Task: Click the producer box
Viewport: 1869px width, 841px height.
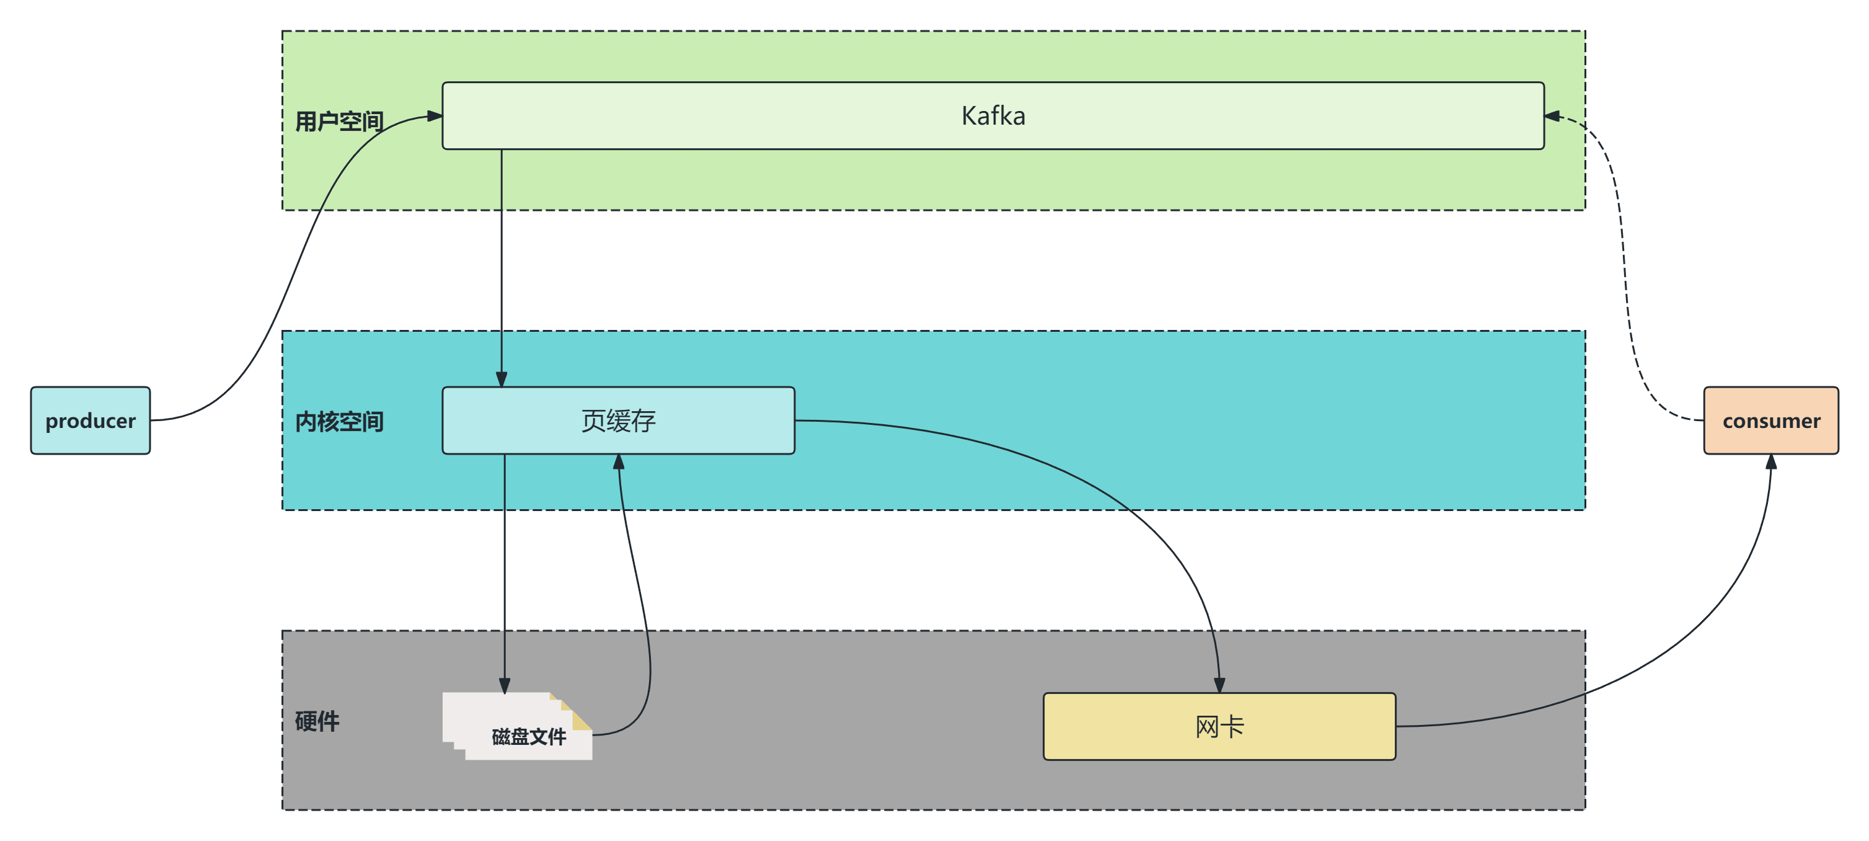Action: (x=90, y=421)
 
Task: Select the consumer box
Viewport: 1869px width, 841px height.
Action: (x=1770, y=421)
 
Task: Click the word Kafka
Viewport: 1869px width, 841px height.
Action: (x=992, y=116)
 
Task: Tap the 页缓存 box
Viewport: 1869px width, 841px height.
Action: (x=618, y=421)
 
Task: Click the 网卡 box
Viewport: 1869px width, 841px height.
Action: (x=1219, y=726)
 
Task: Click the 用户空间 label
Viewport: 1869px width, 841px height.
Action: (x=339, y=121)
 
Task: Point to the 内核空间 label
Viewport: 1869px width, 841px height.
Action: (x=339, y=422)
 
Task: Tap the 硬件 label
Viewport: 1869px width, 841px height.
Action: (x=317, y=721)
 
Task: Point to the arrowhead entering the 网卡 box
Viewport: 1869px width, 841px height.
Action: (x=1219, y=685)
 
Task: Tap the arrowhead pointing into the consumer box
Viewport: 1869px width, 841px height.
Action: (x=1770, y=462)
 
